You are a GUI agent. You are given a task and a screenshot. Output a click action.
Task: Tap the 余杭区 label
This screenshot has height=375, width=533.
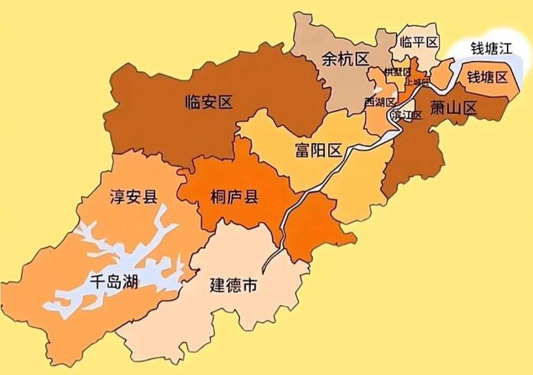(x=346, y=59)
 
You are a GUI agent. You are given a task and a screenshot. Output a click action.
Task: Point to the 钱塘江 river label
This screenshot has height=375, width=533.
(x=490, y=51)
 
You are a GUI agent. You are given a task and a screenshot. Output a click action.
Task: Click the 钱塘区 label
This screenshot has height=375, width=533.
(x=487, y=77)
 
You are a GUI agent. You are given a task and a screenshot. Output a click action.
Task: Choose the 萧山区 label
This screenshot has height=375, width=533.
(x=453, y=108)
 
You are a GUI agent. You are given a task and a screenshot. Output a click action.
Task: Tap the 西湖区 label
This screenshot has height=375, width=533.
(x=379, y=102)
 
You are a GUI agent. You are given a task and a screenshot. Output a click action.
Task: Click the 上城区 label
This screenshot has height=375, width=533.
(x=418, y=81)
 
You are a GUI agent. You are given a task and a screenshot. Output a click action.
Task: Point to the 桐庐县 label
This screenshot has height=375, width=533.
(x=233, y=197)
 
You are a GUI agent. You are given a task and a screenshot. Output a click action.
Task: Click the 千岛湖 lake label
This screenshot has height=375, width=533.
(x=112, y=282)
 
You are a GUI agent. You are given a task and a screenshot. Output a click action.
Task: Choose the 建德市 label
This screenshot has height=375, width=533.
(x=233, y=286)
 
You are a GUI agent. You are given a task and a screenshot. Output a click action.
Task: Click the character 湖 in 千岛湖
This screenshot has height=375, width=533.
(x=129, y=282)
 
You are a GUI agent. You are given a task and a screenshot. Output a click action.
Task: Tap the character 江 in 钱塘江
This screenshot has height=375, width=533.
(x=507, y=51)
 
